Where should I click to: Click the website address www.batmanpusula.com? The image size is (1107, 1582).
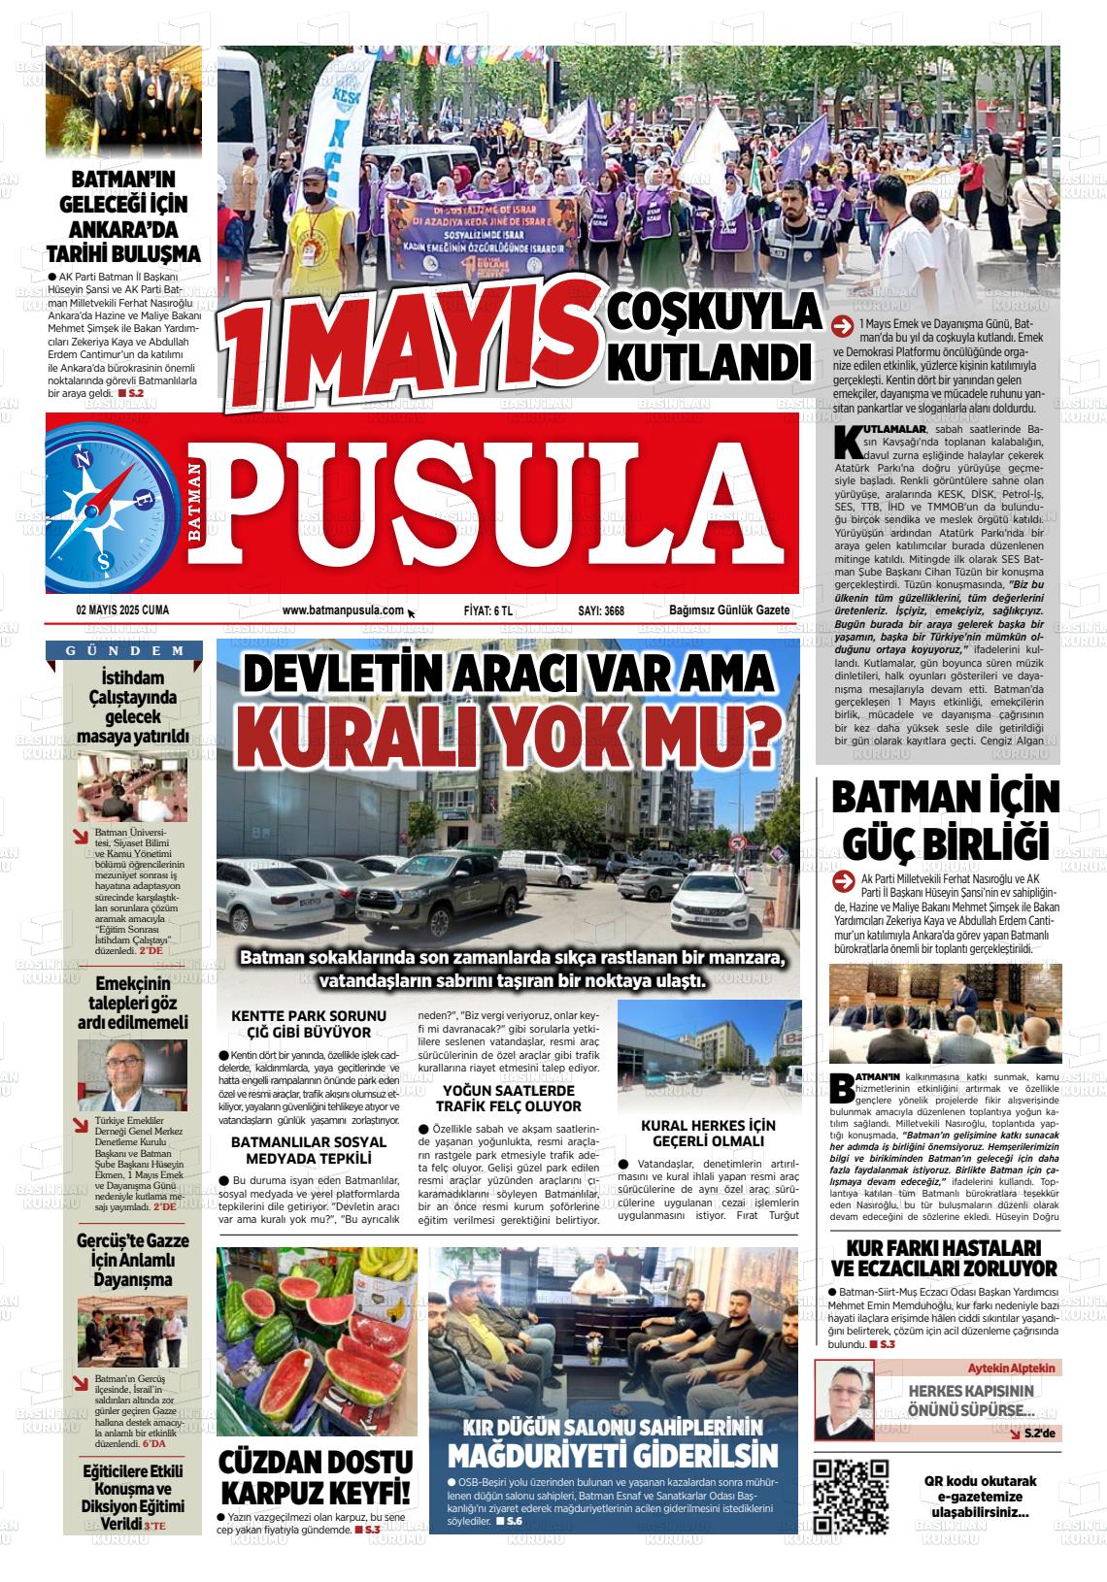(x=343, y=610)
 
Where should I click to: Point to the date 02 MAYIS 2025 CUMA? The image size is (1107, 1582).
(x=121, y=610)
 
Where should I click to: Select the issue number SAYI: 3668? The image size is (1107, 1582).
(x=600, y=610)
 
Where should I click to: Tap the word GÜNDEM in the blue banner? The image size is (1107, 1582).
(x=125, y=650)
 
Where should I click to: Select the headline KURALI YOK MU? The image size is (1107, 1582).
(x=508, y=737)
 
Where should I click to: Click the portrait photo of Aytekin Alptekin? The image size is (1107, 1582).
(x=844, y=1400)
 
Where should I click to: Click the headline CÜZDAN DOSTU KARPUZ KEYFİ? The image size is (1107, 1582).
(x=317, y=1476)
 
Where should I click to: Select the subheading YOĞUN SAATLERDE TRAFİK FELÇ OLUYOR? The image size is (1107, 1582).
(x=509, y=1098)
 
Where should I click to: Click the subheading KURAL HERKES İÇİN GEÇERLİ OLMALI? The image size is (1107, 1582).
(x=709, y=1133)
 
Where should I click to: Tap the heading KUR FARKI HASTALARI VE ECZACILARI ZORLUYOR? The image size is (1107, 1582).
(x=944, y=1257)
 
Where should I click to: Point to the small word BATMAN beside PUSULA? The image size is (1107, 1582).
(x=196, y=503)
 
